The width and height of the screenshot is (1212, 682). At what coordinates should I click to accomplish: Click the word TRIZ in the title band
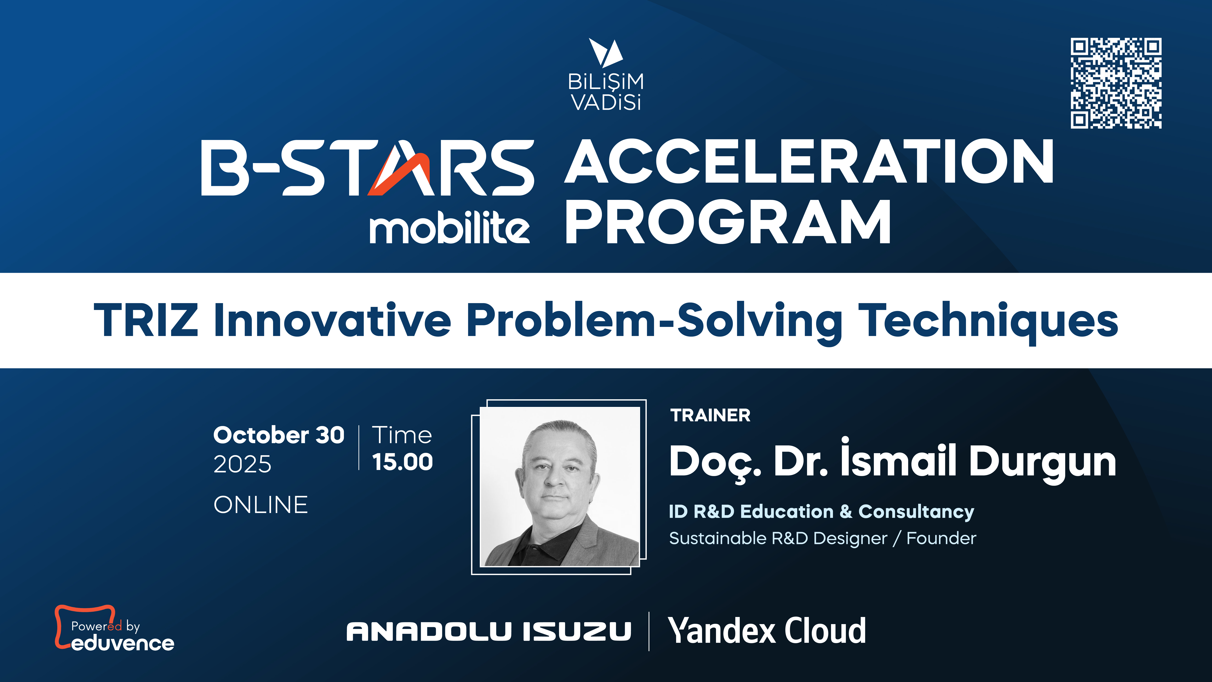click(146, 320)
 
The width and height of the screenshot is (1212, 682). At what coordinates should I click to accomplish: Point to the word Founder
click(941, 538)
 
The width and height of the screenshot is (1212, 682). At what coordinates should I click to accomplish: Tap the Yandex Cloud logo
click(767, 631)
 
